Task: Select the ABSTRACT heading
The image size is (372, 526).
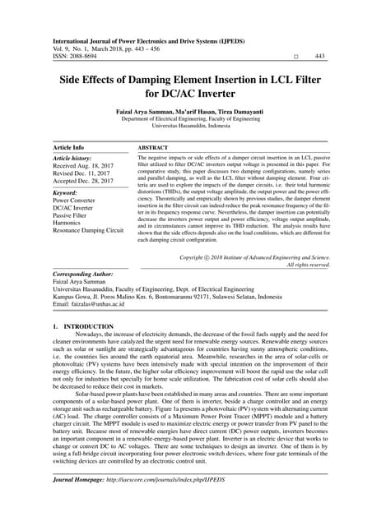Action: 153,147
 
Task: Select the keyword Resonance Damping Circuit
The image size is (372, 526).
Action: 88,232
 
